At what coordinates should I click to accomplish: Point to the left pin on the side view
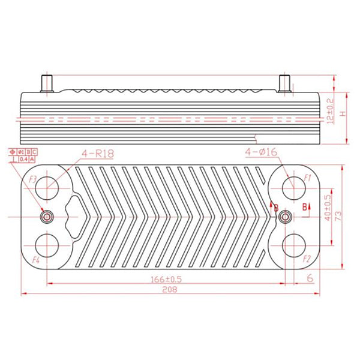click(46, 83)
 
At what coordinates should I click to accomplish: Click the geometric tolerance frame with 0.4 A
click(27, 160)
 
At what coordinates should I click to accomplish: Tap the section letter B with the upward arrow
click(305, 207)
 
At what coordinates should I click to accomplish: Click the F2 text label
click(307, 259)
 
